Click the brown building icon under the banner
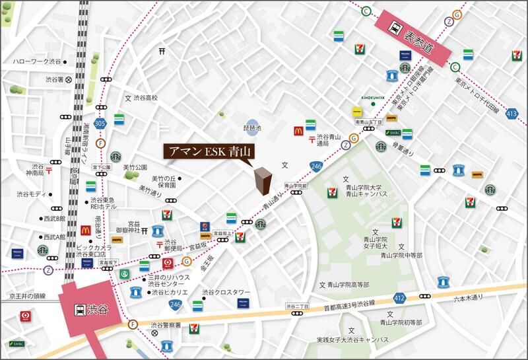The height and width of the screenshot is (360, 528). pyautogui.click(x=263, y=180)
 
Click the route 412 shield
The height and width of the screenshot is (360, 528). pyautogui.click(x=398, y=298)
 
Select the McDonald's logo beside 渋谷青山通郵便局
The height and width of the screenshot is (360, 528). pyautogui.click(x=297, y=131)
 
